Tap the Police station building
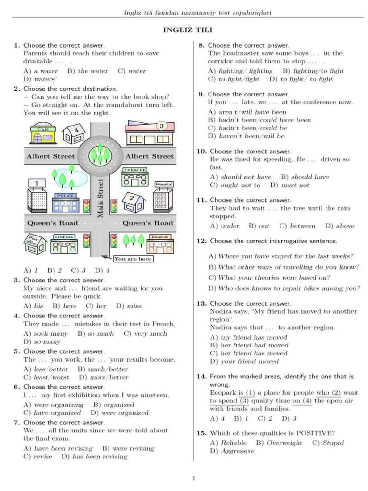[x=65, y=203]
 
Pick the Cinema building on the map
[x=64, y=244]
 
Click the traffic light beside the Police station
[x=87, y=206]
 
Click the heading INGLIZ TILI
[x=184, y=30]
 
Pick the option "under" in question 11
[x=230, y=226]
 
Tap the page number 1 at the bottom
[x=194, y=478]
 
